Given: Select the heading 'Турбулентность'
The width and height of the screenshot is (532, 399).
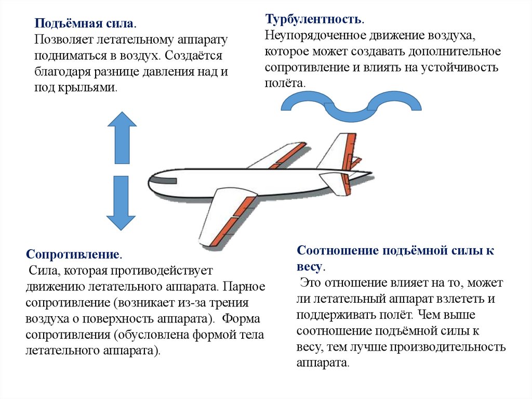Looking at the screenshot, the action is tap(313, 19).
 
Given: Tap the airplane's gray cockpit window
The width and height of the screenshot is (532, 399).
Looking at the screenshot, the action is tap(163, 181).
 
